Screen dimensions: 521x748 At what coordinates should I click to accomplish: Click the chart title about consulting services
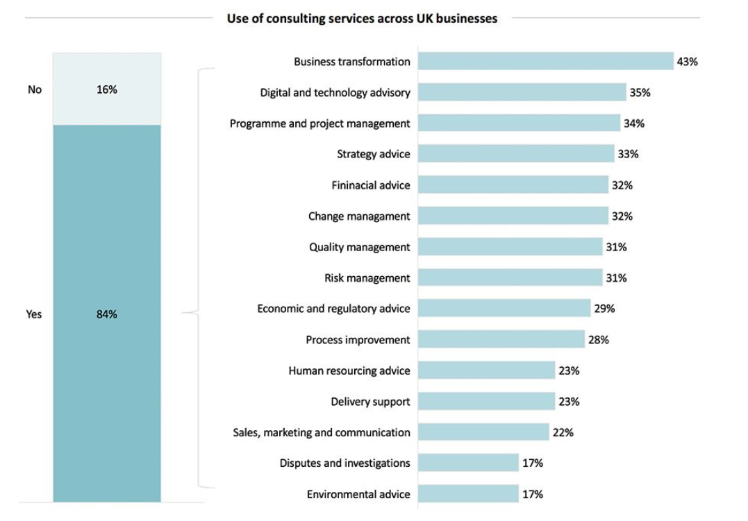[x=362, y=19]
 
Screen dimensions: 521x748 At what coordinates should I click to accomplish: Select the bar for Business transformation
[x=546, y=61]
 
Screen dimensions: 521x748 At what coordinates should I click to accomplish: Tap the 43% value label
[x=687, y=62]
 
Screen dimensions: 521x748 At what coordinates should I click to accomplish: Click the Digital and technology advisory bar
[x=522, y=92]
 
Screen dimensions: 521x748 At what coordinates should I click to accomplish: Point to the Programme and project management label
[x=320, y=123]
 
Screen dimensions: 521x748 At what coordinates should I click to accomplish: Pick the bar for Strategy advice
[x=516, y=154]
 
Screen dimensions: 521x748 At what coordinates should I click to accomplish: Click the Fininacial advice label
[x=371, y=185]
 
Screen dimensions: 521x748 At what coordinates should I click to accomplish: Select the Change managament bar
[x=513, y=216]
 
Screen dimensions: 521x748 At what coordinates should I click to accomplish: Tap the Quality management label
[x=360, y=247]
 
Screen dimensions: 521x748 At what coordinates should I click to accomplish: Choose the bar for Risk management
[x=510, y=277]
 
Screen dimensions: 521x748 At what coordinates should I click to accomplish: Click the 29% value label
[x=604, y=309]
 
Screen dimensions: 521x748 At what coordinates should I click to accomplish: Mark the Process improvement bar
[x=501, y=339]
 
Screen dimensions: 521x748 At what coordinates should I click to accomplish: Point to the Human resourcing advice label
[x=349, y=370]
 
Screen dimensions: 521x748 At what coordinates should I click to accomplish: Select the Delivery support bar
[x=487, y=401]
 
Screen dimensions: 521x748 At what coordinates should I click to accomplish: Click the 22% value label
[x=563, y=432]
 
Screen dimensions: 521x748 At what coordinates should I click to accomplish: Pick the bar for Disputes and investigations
[x=469, y=463]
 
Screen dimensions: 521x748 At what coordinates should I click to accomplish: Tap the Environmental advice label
[x=358, y=494]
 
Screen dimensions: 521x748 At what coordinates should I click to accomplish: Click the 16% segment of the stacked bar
[x=107, y=89]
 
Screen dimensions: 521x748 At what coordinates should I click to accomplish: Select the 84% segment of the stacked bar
[x=107, y=314]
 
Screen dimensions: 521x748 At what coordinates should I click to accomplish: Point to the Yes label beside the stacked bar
[x=34, y=314]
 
